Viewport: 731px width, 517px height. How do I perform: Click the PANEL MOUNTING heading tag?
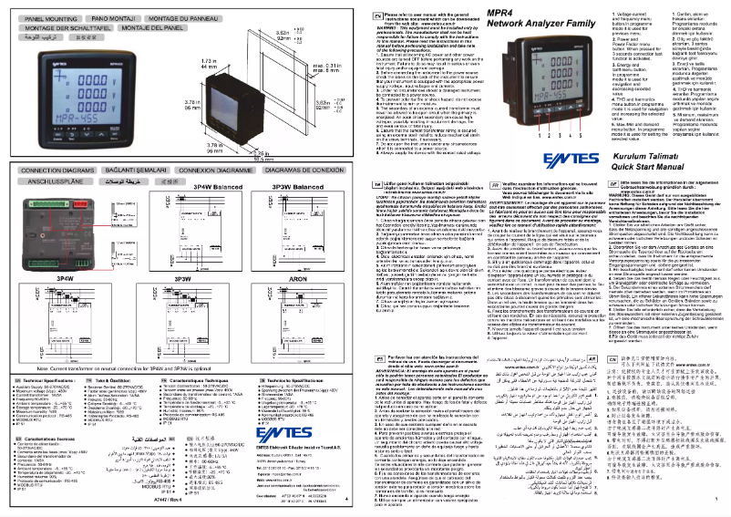[47, 17]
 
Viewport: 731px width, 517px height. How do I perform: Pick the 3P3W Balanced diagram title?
[299, 185]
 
